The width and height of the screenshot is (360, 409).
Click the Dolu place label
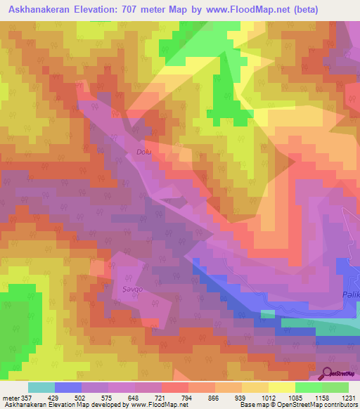pos(143,150)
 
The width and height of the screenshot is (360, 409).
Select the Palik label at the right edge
pos(351,295)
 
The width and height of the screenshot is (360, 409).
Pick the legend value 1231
pos(347,397)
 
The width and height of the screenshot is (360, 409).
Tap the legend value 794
pos(188,397)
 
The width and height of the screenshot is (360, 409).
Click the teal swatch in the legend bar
pos(41,387)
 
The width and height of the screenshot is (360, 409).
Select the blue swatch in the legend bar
pos(67,387)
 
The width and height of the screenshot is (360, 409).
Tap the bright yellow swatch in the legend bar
pos(281,387)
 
